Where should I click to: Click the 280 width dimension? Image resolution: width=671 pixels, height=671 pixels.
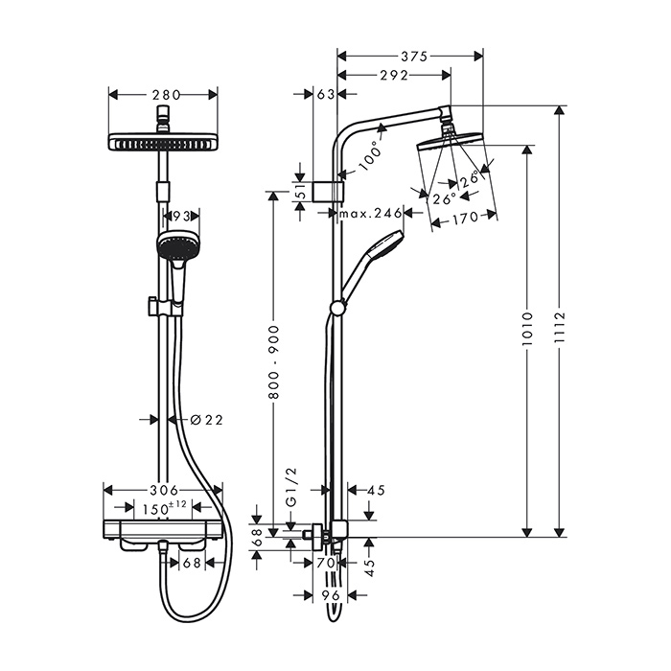(x=163, y=95)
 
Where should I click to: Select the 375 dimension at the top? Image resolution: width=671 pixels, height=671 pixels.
(x=413, y=56)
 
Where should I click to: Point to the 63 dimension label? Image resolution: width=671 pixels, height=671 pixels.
(x=325, y=95)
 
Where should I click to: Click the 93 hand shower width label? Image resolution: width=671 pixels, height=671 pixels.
(x=176, y=218)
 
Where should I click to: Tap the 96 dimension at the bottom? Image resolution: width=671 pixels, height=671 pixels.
(x=330, y=594)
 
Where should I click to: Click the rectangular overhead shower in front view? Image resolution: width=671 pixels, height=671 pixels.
(x=163, y=142)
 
